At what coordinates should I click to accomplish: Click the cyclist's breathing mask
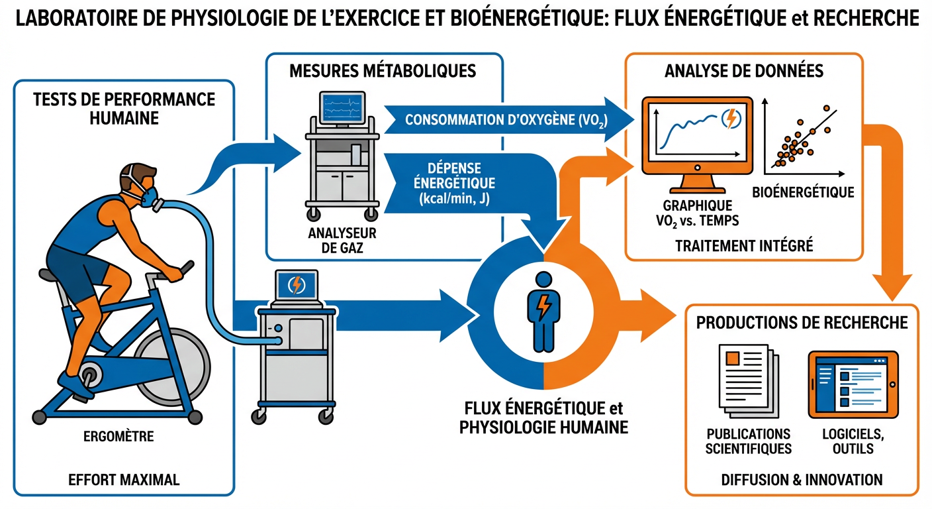click(x=148, y=196)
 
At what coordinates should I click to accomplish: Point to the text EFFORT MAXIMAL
click(x=124, y=479)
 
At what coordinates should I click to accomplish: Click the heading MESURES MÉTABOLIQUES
click(x=383, y=71)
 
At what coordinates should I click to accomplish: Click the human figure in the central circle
click(x=543, y=310)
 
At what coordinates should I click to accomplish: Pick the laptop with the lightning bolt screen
click(x=296, y=285)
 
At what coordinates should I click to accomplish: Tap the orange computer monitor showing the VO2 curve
click(x=696, y=135)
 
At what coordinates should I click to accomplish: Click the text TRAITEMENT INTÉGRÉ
click(x=744, y=246)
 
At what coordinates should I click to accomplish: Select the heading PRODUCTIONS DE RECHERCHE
click(x=802, y=323)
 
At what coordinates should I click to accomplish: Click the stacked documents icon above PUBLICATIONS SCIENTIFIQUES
click(x=743, y=380)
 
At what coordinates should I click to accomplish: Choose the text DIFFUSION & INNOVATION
click(x=802, y=479)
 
